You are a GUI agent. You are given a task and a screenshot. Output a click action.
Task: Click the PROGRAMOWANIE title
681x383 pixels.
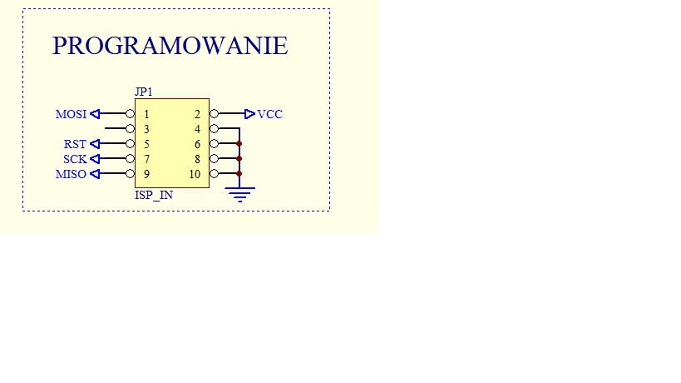(170, 46)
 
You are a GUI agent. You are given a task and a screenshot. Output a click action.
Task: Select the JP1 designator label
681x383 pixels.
(144, 92)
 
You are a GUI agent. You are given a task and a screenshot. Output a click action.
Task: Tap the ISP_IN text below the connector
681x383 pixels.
(154, 195)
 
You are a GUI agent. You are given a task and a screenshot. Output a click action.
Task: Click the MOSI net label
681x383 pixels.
(71, 114)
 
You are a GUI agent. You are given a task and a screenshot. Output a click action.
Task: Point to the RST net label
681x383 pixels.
(75, 144)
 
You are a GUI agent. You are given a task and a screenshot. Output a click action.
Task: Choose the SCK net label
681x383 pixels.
(75, 159)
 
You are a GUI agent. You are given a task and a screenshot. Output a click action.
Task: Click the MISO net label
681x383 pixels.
(71, 174)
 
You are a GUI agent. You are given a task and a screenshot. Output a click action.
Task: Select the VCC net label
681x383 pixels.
(269, 114)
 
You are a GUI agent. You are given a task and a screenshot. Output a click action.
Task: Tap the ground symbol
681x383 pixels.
(239, 194)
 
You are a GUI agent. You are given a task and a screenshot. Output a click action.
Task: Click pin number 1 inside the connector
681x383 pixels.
(147, 114)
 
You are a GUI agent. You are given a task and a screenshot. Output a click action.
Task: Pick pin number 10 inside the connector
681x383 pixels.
(195, 174)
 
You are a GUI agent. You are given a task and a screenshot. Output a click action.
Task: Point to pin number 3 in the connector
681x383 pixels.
(147, 129)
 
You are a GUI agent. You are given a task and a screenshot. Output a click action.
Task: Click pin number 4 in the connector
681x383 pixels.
(197, 129)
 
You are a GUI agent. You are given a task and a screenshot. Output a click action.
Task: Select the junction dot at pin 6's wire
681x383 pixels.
(239, 143)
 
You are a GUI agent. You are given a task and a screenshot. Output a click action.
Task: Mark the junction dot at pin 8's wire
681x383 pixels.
(239, 159)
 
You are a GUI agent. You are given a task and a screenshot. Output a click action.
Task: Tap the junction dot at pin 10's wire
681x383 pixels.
(239, 173)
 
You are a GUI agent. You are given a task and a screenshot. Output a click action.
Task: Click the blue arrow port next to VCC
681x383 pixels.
(249, 114)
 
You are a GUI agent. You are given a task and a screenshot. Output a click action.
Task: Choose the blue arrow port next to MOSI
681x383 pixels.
(95, 114)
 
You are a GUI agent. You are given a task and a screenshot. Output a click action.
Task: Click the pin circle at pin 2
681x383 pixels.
(215, 114)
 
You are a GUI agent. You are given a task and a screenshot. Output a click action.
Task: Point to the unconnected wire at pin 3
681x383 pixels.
(116, 128)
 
